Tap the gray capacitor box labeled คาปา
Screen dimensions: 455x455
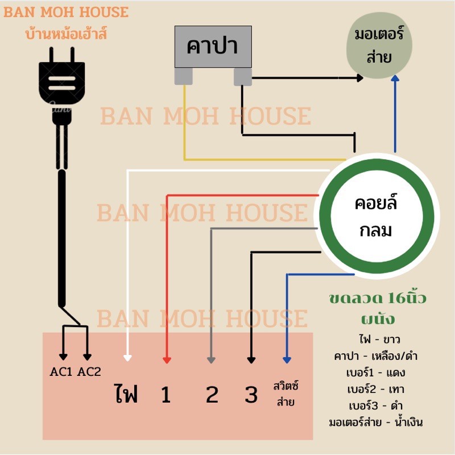(x=212, y=47)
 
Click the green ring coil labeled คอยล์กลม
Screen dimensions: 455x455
(x=376, y=217)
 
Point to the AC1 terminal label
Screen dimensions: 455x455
(x=61, y=373)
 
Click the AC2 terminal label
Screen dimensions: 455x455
(x=89, y=373)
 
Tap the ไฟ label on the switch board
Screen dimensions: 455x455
(x=126, y=394)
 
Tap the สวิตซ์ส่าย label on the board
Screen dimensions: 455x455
(x=286, y=394)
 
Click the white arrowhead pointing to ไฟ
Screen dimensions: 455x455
(x=128, y=358)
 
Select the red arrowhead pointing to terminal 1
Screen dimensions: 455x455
(x=167, y=359)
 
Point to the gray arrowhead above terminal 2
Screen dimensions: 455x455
(x=211, y=359)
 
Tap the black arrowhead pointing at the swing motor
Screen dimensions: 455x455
(x=359, y=77)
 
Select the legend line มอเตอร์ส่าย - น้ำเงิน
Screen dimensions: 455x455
(x=375, y=423)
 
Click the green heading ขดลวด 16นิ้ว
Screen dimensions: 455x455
(x=378, y=298)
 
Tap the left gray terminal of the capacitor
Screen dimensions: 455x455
(x=183, y=76)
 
